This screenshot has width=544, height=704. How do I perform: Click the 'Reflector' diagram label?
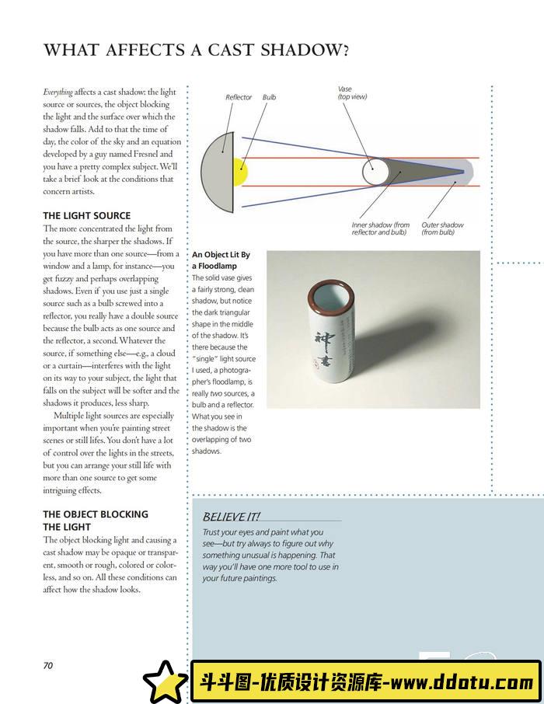(239, 97)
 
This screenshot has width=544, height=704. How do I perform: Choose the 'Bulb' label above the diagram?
(269, 97)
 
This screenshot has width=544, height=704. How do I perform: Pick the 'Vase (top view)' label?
(352, 92)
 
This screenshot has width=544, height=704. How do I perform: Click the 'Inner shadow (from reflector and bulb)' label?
(380, 228)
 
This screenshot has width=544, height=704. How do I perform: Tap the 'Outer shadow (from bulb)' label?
(442, 228)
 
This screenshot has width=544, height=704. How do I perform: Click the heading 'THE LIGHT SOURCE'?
(87, 215)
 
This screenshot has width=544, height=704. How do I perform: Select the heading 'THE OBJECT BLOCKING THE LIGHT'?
(96, 520)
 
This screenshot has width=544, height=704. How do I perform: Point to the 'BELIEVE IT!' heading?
(231, 517)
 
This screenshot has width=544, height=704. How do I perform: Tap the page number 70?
(47, 665)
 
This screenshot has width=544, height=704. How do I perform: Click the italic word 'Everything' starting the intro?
(58, 92)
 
